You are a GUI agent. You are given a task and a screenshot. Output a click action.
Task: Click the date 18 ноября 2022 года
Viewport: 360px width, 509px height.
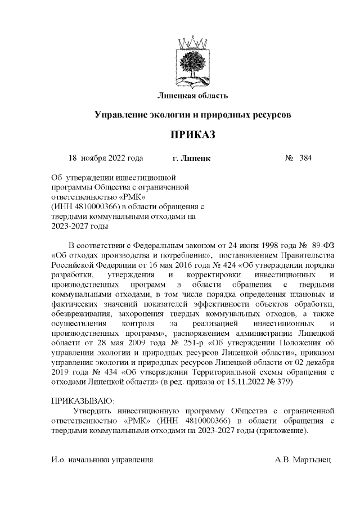[x=105, y=158]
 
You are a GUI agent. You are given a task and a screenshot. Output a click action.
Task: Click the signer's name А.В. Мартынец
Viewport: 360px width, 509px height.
[x=303, y=460]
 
